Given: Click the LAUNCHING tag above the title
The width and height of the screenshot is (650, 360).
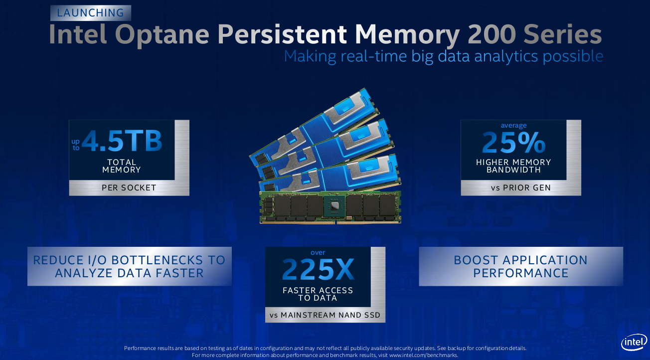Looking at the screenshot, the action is [91, 13].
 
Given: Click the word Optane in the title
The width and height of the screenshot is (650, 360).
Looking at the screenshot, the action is [162, 35].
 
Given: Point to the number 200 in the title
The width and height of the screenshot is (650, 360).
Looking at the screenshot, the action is [492, 34].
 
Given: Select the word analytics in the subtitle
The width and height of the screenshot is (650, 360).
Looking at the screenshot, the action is [506, 56].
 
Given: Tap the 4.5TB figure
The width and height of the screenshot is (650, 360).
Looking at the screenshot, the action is [122, 141].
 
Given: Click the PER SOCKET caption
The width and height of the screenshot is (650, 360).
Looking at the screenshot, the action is [129, 188].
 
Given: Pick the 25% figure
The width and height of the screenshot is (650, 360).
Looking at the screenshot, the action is [513, 142].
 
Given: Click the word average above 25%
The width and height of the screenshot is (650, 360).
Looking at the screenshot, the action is [513, 126].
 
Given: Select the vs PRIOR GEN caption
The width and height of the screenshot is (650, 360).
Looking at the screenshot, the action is [520, 188].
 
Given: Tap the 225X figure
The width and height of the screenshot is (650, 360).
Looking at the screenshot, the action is [318, 269].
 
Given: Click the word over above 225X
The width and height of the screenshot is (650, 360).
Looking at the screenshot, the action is [318, 253].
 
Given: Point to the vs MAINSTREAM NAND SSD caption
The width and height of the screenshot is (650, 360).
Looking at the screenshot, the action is [325, 315].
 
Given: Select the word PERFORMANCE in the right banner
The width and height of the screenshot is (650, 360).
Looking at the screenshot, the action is [520, 273].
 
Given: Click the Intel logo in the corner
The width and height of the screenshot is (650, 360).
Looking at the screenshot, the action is [634, 342].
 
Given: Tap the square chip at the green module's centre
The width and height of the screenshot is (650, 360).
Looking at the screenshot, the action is [334, 205].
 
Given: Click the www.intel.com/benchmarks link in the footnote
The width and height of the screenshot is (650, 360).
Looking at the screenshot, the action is [423, 355].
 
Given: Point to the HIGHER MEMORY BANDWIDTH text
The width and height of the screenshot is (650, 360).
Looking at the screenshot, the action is [513, 166].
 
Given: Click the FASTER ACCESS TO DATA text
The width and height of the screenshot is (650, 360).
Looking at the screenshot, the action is [318, 294].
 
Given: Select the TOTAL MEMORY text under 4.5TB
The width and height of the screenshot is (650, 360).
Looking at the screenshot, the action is [122, 166].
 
